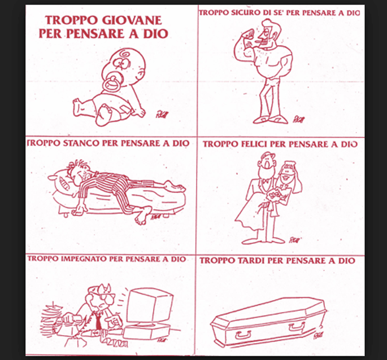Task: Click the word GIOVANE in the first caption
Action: [x=132, y=20]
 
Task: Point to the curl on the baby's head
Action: [x=123, y=53]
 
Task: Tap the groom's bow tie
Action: [x=266, y=182]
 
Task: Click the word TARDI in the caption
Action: [x=251, y=261]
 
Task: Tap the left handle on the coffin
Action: [x=242, y=335]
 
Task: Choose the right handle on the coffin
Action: [x=297, y=326]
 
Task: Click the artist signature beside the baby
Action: [x=162, y=115]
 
